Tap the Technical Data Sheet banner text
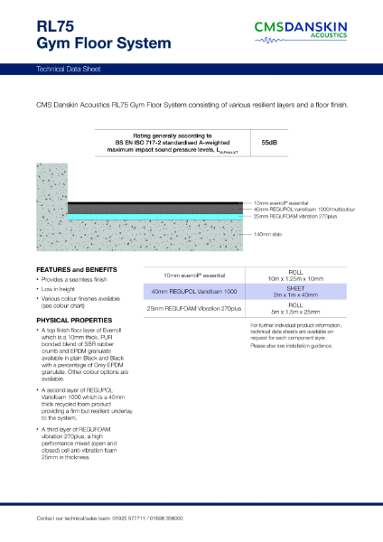click(x=70, y=69)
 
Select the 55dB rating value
click(x=269, y=143)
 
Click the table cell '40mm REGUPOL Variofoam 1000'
click(x=194, y=292)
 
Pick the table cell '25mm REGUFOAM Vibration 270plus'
click(x=194, y=309)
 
